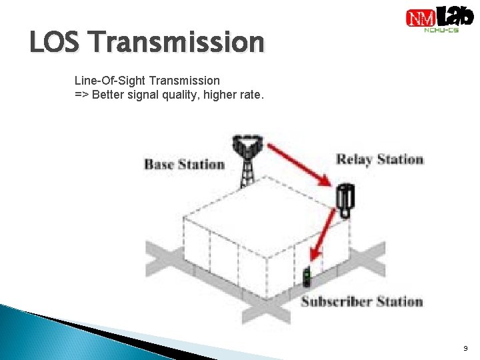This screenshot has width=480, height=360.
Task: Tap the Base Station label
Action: [x=184, y=164]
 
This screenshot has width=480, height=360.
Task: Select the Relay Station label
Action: [x=379, y=159]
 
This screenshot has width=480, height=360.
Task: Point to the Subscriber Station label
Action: [x=361, y=301]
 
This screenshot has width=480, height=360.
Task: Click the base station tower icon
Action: [x=247, y=160]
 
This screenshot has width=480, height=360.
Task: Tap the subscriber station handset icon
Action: [x=307, y=277]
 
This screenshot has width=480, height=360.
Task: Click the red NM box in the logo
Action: [x=421, y=18]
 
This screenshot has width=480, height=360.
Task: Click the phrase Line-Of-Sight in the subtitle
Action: [x=109, y=81]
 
